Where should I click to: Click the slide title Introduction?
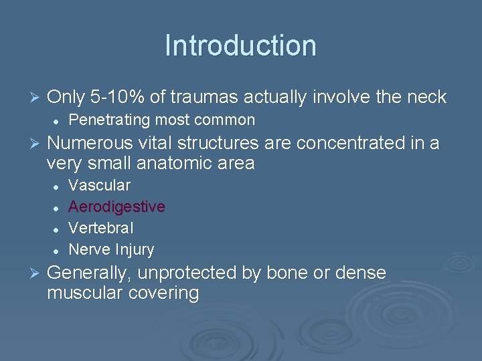[x=240, y=46]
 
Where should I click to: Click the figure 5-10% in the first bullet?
[x=117, y=98]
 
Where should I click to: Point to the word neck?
[x=426, y=98]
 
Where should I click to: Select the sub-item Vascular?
[x=100, y=185]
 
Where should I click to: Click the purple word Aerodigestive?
[x=117, y=207]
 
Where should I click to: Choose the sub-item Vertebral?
[x=101, y=228]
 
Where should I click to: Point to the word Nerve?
[x=89, y=250]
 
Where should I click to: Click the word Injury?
[x=134, y=250]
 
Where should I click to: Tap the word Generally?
[x=91, y=273]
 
